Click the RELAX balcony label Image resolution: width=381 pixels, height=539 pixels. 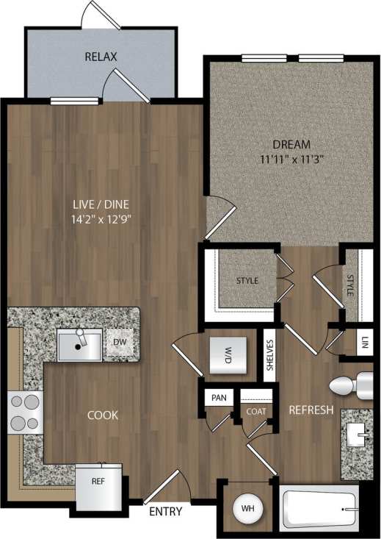101,56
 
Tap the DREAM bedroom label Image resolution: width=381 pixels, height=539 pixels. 291,144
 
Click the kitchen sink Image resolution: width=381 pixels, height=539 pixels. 79,345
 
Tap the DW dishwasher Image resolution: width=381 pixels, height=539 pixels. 120,343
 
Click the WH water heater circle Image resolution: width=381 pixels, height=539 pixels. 247,507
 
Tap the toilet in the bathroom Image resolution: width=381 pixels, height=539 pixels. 350,384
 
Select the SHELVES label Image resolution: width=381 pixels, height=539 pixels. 270,355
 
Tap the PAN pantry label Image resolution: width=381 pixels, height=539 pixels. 218,398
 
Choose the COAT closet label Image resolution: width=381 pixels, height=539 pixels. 256,412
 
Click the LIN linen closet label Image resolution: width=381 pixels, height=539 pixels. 365,342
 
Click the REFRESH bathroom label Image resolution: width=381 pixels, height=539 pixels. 311,410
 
